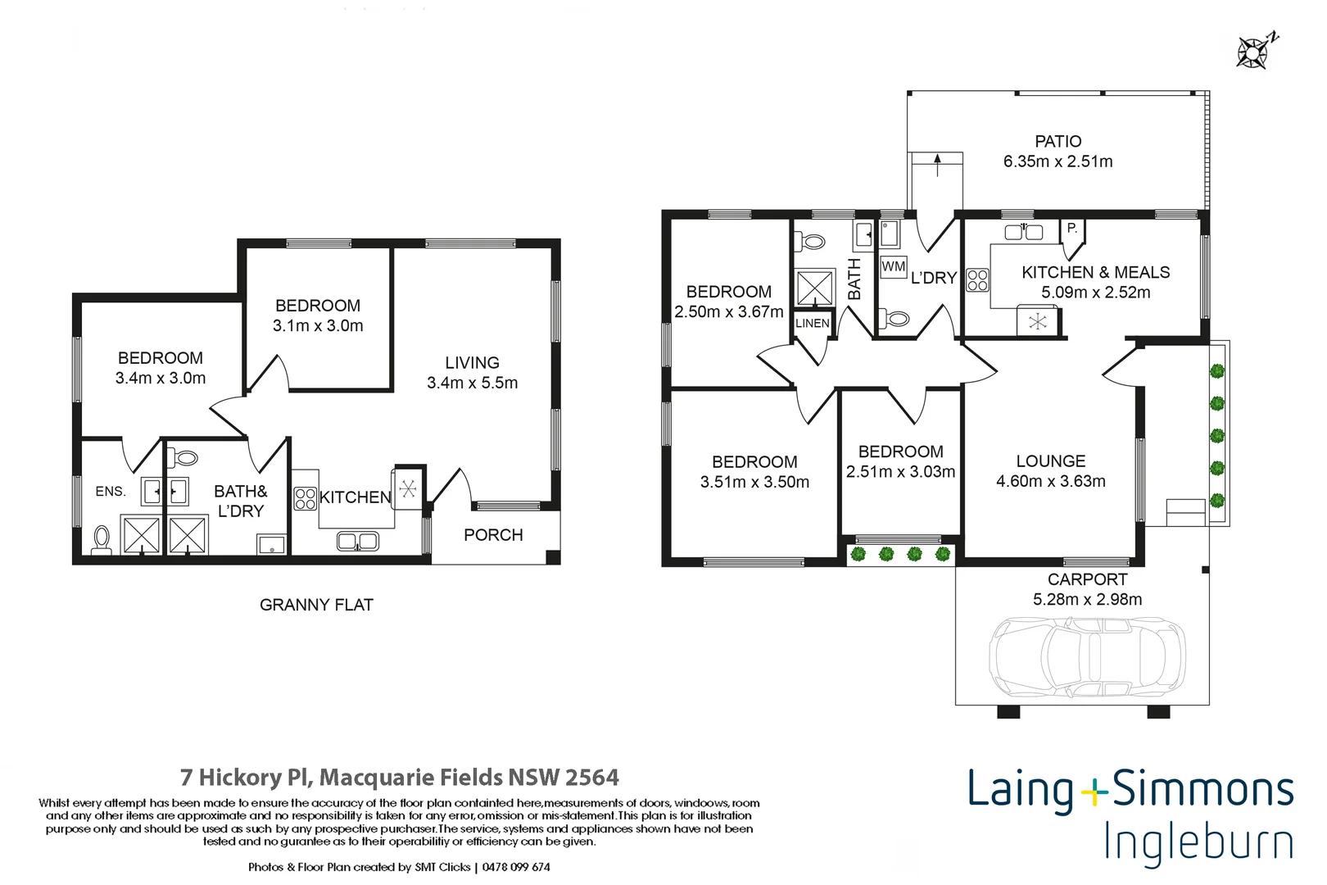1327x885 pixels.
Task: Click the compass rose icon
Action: pyautogui.click(x=1253, y=52)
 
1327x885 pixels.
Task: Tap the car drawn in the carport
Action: pyautogui.click(x=1087, y=656)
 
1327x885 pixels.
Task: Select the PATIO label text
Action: pyautogui.click(x=1058, y=142)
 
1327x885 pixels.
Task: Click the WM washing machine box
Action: pyautogui.click(x=893, y=266)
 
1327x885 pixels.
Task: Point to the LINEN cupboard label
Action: pyautogui.click(x=812, y=324)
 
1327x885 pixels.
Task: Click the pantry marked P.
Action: pyautogui.click(x=1071, y=229)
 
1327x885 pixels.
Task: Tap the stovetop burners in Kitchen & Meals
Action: pyautogui.click(x=977, y=280)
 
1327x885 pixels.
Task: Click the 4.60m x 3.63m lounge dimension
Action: pyautogui.click(x=1050, y=482)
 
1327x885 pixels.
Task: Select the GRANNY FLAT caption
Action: pyautogui.click(x=316, y=605)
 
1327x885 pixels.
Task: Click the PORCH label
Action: pyautogui.click(x=492, y=535)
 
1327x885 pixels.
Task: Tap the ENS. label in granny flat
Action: pyautogui.click(x=111, y=492)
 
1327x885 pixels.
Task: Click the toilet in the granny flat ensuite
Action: pyautogui.click(x=102, y=539)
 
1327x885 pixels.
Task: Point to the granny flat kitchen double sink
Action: pyautogui.click(x=357, y=541)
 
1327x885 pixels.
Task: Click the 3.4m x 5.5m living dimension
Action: pyautogui.click(x=472, y=383)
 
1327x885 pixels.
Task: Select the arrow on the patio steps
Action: pyautogui.click(x=937, y=161)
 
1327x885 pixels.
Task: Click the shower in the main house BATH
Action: pyautogui.click(x=814, y=288)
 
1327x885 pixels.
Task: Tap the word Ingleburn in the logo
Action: pyautogui.click(x=1198, y=842)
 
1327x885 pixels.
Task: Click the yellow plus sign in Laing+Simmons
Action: pyautogui.click(x=1093, y=792)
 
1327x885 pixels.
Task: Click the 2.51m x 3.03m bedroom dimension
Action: pyautogui.click(x=900, y=472)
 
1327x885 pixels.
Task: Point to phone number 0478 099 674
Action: pyautogui.click(x=516, y=867)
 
